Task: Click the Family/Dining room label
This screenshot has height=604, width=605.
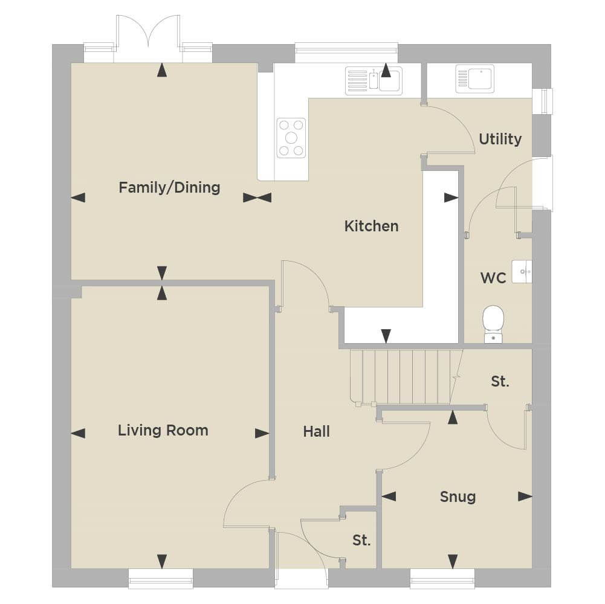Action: pos(169,188)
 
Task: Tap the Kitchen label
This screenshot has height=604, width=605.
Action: pos(371,226)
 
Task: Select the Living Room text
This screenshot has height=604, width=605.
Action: pos(163,431)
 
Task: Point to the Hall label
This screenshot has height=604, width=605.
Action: pos(316,432)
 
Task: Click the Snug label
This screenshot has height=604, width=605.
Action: pos(458,496)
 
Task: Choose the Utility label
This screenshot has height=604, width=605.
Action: pos(500,139)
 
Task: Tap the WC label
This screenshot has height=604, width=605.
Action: pos(493,278)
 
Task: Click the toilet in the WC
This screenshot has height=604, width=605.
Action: pos(493,324)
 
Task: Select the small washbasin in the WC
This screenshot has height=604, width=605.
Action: pos(522,272)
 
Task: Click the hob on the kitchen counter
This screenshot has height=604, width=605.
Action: pos(291,138)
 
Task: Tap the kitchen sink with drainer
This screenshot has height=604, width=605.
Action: pos(374,80)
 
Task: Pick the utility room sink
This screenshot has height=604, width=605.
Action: pos(474,79)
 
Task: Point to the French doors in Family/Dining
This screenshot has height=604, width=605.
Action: pos(148,39)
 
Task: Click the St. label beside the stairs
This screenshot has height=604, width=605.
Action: pos(500,382)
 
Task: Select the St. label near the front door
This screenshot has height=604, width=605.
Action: pos(361,541)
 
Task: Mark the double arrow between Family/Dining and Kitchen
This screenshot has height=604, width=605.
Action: pos(257,198)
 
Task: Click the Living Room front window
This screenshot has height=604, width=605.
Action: pos(161,578)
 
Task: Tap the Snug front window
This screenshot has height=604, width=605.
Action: pos(442,578)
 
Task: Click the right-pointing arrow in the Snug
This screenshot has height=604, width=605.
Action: pos(525,496)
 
